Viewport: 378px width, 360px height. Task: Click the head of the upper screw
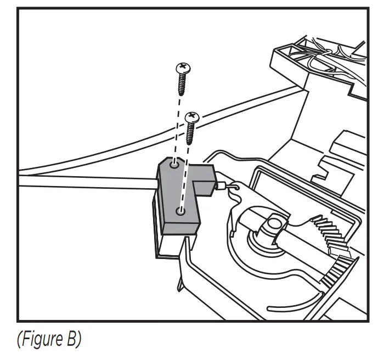tap(183, 69)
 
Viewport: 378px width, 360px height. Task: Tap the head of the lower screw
tap(192, 117)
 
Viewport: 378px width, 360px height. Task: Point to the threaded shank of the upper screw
tap(182, 85)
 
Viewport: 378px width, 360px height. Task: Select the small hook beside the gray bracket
tap(235, 188)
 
